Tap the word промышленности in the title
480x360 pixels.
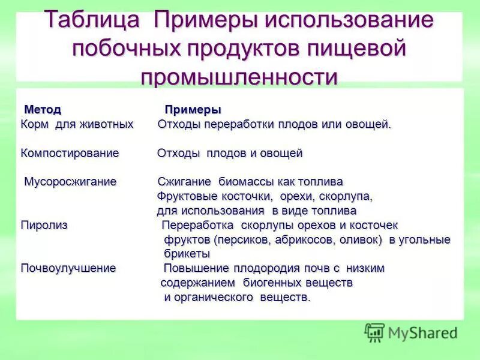(x=239, y=77)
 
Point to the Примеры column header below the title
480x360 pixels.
(x=193, y=110)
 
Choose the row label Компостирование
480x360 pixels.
(x=70, y=153)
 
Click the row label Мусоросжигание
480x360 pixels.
(x=70, y=182)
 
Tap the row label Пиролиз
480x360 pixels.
(x=44, y=225)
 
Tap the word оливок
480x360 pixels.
(x=361, y=240)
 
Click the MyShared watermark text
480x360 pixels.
(x=422, y=332)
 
